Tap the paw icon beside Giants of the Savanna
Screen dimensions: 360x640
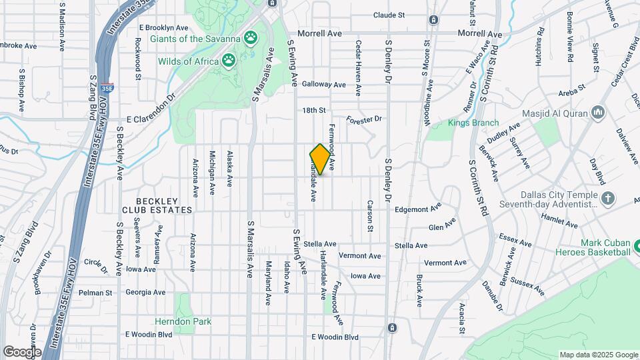[x=251, y=37]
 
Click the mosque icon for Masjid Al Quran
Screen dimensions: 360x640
[x=598, y=113]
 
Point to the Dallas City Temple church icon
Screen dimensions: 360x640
[x=607, y=198]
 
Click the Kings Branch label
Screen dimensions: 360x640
[x=473, y=123]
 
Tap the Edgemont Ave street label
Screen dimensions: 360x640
[x=419, y=209]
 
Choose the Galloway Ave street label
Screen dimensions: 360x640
[x=323, y=85]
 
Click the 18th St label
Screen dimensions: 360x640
[x=313, y=110]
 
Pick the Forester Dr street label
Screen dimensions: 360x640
[x=363, y=119]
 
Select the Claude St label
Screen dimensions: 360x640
[x=389, y=15]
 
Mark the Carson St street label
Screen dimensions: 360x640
[x=369, y=216]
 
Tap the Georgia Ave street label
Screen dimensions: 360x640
[x=145, y=292]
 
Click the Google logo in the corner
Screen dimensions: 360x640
[x=22, y=351]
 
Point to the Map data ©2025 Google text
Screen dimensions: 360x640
[x=598, y=355]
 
